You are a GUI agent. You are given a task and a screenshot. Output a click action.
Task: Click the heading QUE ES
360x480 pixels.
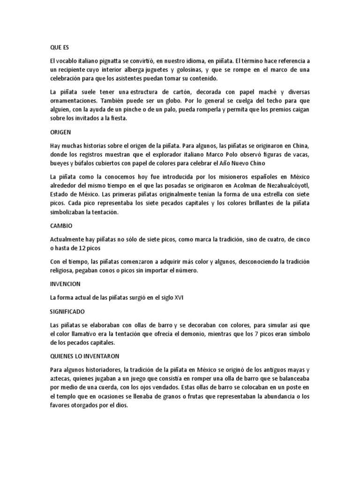point(59,48)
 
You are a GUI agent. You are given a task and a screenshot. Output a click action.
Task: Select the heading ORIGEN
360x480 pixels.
point(61,133)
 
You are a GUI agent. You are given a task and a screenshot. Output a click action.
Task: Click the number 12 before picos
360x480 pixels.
point(80,248)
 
